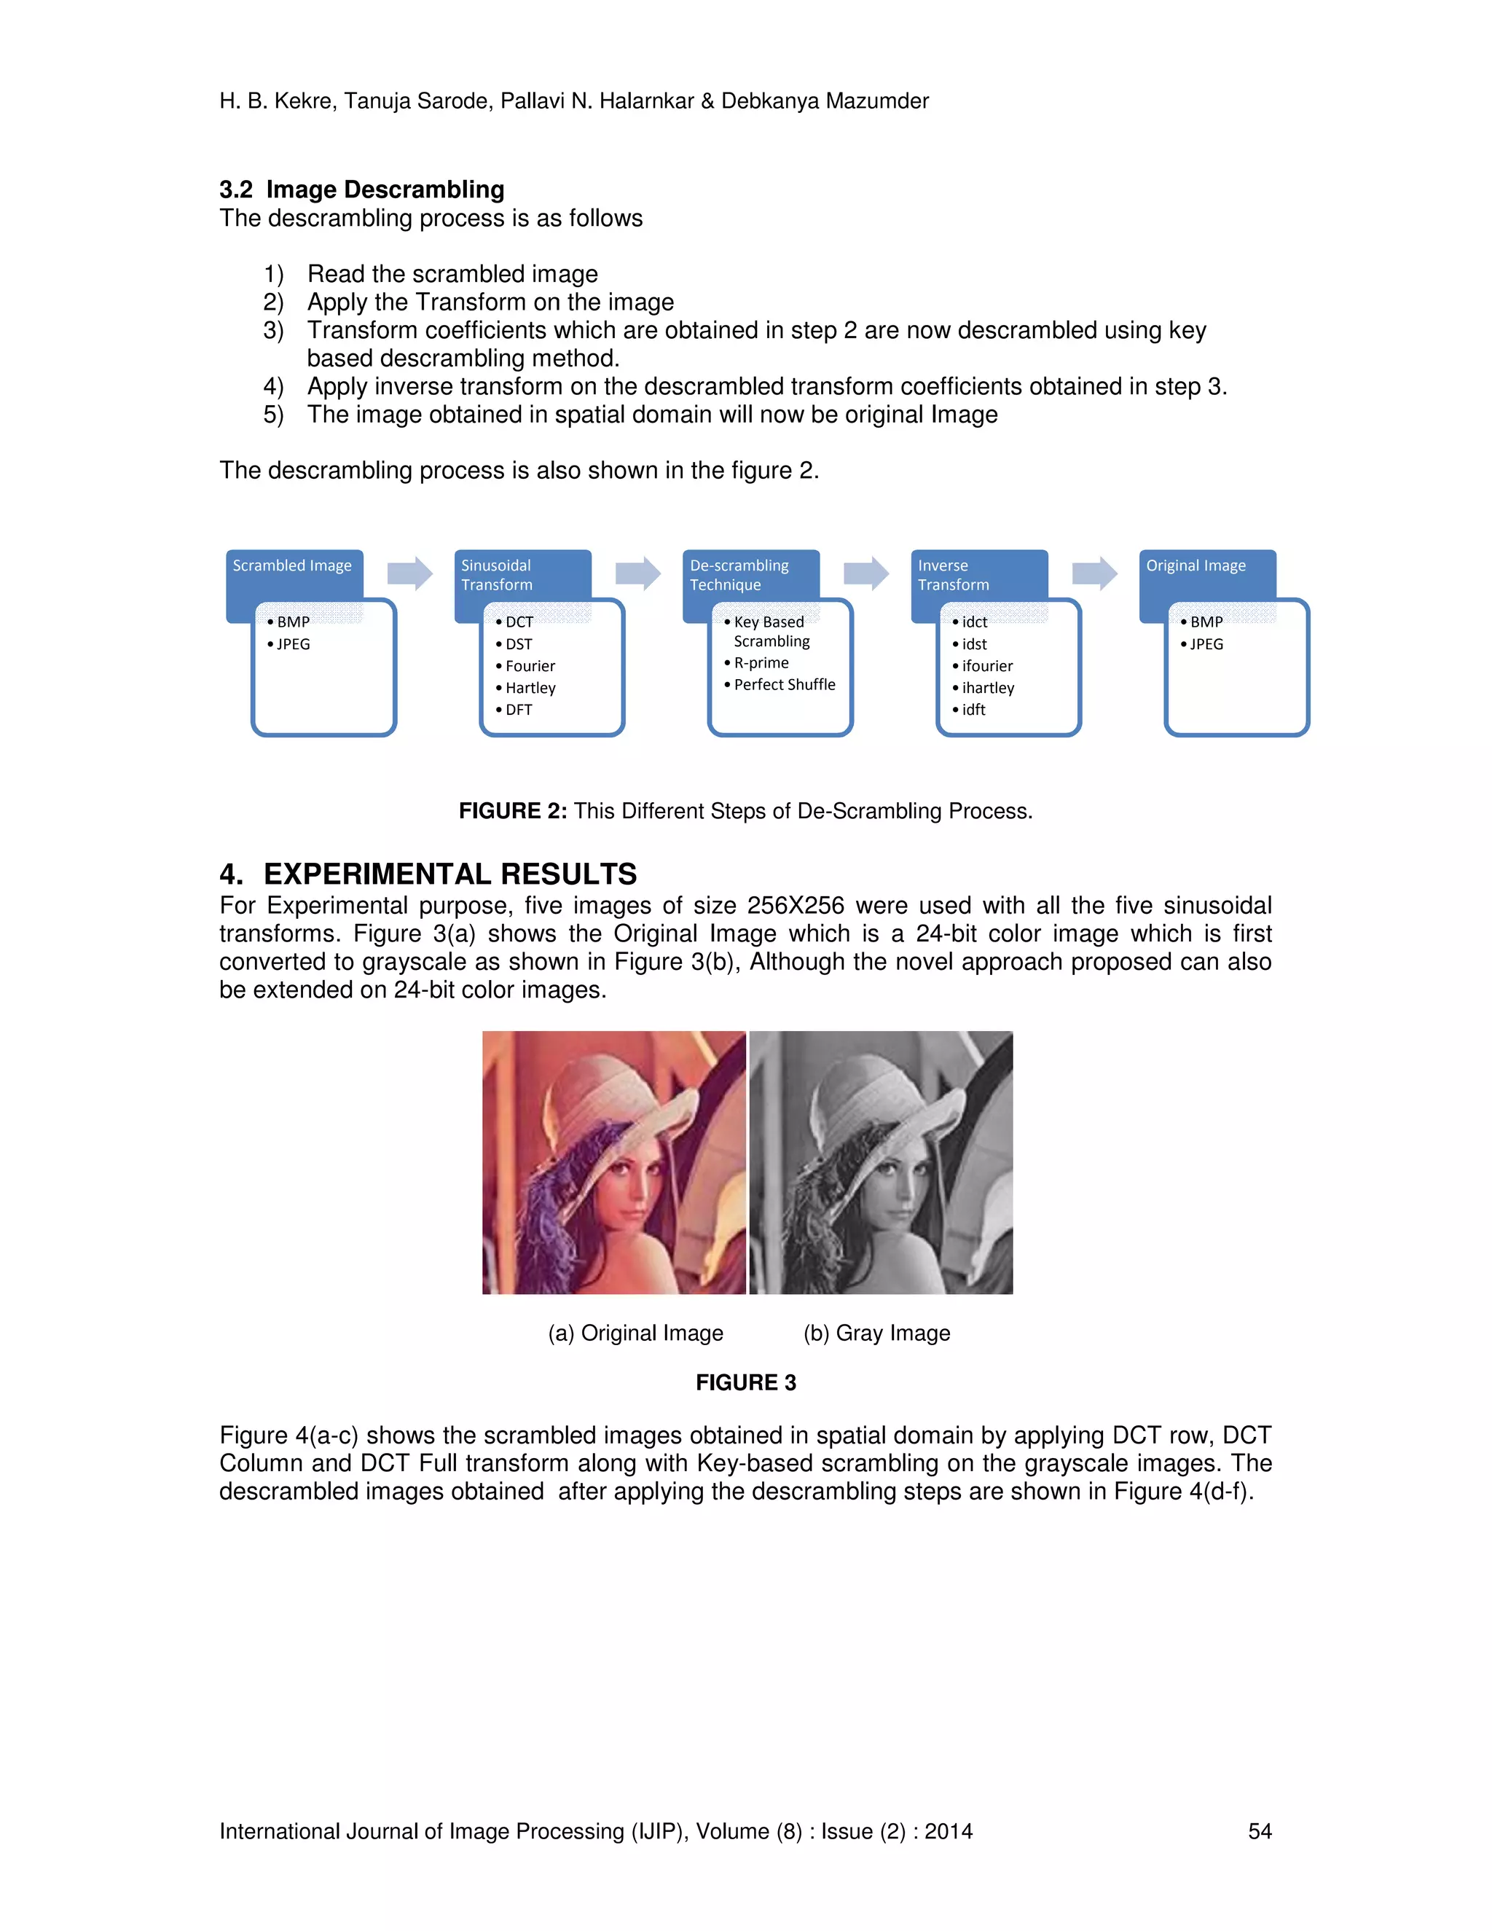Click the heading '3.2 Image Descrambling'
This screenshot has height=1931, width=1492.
pyautogui.click(x=361, y=189)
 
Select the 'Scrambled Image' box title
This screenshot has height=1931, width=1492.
pyautogui.click(x=291, y=566)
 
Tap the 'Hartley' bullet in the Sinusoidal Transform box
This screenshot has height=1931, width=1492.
pyautogui.click(x=530, y=688)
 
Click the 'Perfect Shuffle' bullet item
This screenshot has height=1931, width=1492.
pyautogui.click(x=784, y=684)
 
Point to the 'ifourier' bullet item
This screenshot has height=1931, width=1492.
pyautogui.click(x=986, y=666)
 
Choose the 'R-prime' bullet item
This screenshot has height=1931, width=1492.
pyautogui.click(x=761, y=662)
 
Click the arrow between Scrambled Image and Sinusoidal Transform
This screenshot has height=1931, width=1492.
pyautogui.click(x=410, y=573)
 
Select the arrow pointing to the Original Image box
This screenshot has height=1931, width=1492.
pyautogui.click(x=1094, y=573)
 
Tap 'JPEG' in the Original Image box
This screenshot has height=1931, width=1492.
pyautogui.click(x=1206, y=643)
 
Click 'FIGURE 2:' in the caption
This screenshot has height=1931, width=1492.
pyautogui.click(x=513, y=811)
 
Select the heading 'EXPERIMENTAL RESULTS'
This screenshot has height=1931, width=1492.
pyautogui.click(x=450, y=874)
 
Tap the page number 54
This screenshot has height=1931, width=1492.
pyautogui.click(x=1259, y=1831)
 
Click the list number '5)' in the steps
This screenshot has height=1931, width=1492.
pyautogui.click(x=273, y=415)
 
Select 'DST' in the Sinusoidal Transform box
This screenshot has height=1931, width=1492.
pyautogui.click(x=518, y=643)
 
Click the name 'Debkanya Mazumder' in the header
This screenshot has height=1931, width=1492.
pyautogui.click(x=824, y=101)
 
